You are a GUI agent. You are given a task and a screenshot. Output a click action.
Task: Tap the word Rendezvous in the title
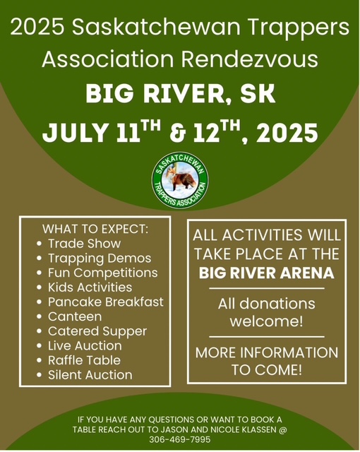point(249,59)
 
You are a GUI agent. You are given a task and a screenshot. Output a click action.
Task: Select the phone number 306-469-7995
point(180,439)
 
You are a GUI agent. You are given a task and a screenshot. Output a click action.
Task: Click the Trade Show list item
point(84,244)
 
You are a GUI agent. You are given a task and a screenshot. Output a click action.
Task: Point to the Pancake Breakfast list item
point(105,302)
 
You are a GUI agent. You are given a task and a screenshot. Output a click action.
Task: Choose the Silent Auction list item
point(90,375)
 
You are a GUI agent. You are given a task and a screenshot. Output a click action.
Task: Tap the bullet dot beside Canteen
point(40,317)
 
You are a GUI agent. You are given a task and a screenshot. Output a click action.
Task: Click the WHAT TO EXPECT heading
point(95,229)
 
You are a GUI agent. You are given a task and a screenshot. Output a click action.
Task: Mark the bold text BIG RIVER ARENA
point(267,273)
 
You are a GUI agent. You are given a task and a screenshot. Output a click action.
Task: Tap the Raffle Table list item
point(84,360)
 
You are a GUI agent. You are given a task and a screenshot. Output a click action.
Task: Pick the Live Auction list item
point(85,345)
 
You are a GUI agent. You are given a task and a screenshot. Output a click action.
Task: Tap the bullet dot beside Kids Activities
point(40,287)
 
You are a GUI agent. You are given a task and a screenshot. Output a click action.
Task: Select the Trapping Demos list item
point(100,258)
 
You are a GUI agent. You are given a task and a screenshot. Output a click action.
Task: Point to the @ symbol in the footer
point(283,430)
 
